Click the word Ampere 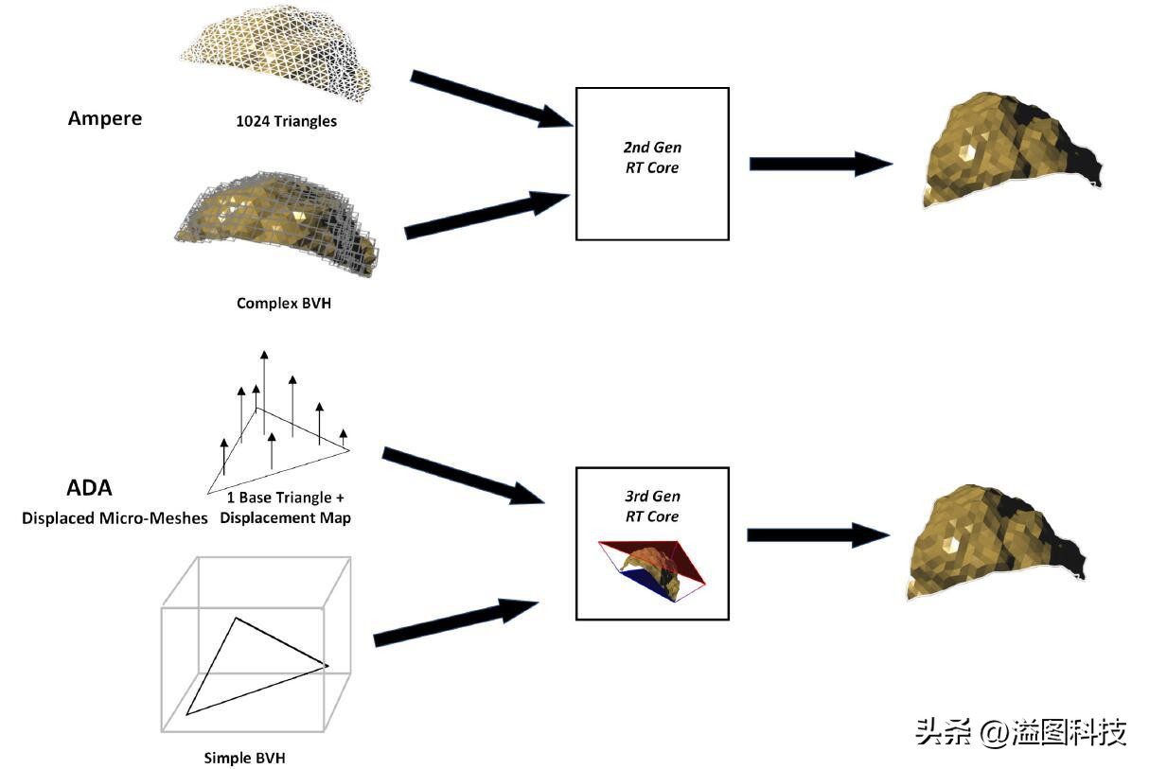[x=105, y=118]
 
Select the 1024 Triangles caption [x=287, y=121]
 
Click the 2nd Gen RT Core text [x=653, y=158]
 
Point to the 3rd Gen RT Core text [x=653, y=506]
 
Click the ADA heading [x=89, y=489]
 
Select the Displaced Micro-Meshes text [x=115, y=518]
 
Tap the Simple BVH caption [x=244, y=758]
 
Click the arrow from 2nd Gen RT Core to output [x=819, y=163]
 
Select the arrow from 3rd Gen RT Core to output [x=817, y=534]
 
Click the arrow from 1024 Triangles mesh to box [x=489, y=98]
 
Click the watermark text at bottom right [x=1020, y=731]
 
